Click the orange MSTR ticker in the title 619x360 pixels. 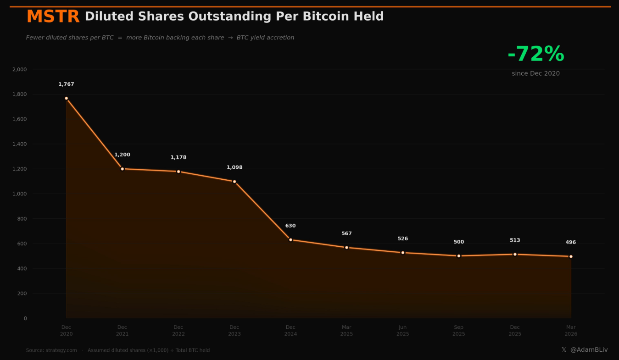pyautogui.click(x=53, y=17)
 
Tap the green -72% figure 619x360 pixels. pyautogui.click(x=535, y=54)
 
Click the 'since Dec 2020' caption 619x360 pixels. pyautogui.click(x=535, y=73)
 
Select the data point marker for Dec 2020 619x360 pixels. pyautogui.click(x=66, y=98)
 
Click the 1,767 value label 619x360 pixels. pyautogui.click(x=66, y=84)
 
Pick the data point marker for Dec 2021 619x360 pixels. pyautogui.click(x=122, y=169)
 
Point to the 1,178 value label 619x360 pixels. pyautogui.click(x=178, y=157)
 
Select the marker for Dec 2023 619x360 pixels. pyautogui.click(x=234, y=182)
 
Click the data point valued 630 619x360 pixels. pyautogui.click(x=290, y=240)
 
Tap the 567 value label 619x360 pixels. pyautogui.click(x=346, y=233)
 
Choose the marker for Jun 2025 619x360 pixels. pyautogui.click(x=403, y=253)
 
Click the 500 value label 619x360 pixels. pyautogui.click(x=459, y=242)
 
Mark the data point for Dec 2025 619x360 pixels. pyautogui.click(x=515, y=254)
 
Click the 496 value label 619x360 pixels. pyautogui.click(x=571, y=243)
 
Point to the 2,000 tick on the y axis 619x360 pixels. pyautogui.click(x=19, y=69)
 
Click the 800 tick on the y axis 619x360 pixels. pyautogui.click(x=22, y=219)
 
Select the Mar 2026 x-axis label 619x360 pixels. pyautogui.click(x=571, y=331)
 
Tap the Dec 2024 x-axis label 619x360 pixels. pyautogui.click(x=290, y=331)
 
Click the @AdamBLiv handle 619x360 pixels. pyautogui.click(x=589, y=350)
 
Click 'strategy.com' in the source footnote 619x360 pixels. pyautogui.click(x=61, y=350)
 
